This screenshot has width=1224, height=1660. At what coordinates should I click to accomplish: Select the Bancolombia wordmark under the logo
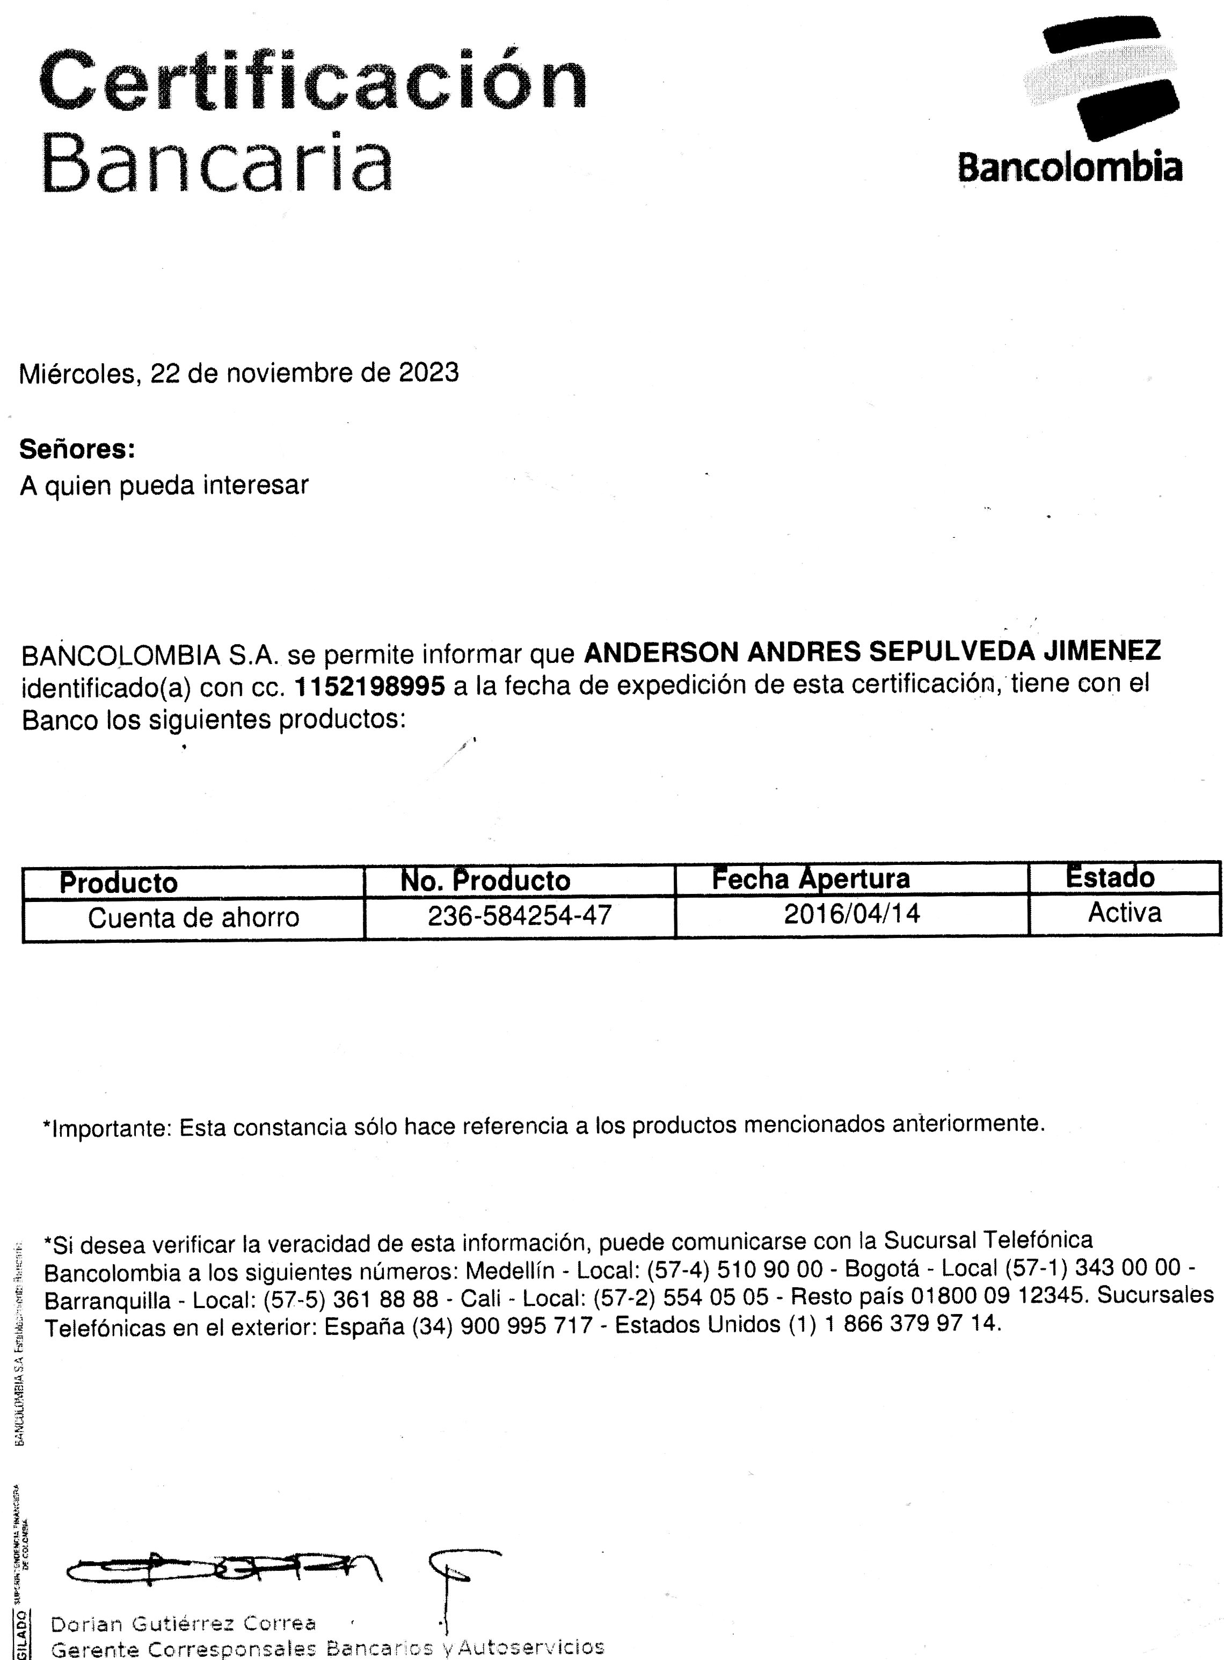1069,168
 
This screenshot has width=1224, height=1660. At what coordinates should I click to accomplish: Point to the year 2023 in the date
429,372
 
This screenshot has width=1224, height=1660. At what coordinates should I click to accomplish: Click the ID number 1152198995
370,687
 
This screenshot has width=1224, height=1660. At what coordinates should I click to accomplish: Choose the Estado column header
1109,878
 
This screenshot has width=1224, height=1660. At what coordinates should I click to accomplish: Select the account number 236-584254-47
519,915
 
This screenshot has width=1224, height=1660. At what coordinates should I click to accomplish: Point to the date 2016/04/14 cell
851,913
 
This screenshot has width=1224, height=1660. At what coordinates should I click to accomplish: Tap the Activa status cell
1124,912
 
